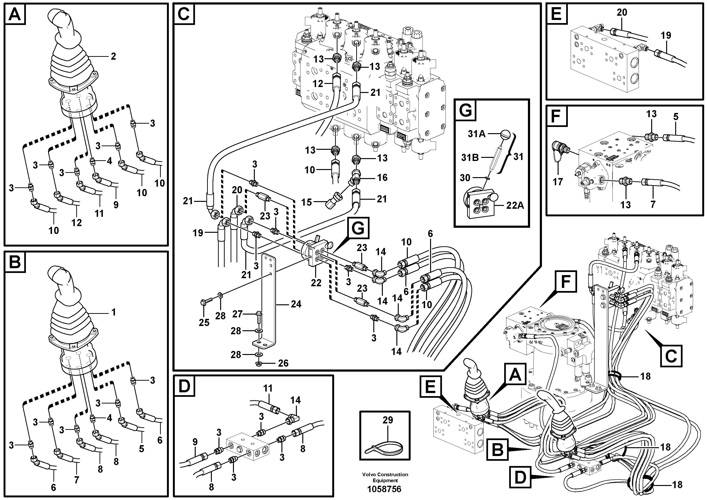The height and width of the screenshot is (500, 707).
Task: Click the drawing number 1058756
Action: (x=384, y=489)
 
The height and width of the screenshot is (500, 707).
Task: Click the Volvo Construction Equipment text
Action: (x=385, y=477)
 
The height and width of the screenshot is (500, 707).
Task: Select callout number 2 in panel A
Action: (x=113, y=56)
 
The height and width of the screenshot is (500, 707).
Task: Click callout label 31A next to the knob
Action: (x=476, y=134)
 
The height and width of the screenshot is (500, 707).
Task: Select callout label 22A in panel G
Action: (x=515, y=205)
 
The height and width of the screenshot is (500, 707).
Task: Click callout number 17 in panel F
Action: (x=558, y=182)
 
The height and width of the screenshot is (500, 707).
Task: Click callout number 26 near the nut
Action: (x=283, y=363)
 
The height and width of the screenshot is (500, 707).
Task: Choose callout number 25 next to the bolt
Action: (x=204, y=322)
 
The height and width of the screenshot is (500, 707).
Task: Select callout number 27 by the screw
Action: (x=237, y=314)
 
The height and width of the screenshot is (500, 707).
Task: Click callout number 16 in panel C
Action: (x=382, y=178)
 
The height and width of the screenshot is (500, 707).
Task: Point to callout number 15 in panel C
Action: (x=306, y=202)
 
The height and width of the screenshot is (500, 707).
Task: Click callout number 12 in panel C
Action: (x=318, y=83)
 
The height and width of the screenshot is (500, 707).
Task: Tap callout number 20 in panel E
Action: (x=622, y=13)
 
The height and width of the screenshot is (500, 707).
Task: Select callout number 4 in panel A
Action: (x=109, y=161)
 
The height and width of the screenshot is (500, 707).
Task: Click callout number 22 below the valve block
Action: (x=316, y=283)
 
